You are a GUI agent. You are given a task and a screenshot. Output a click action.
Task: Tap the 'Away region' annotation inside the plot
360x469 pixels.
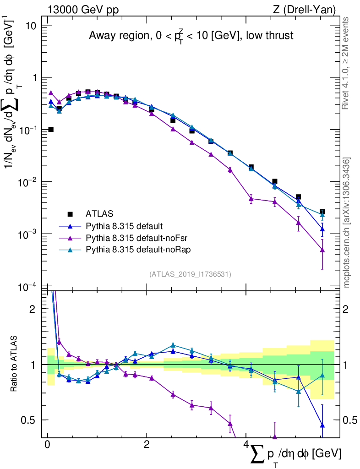191,36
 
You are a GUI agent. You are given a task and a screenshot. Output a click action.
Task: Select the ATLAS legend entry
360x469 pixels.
98,213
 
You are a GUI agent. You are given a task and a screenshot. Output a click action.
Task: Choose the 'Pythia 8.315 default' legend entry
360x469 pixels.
125,226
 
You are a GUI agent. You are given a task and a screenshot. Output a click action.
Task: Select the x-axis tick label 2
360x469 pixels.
147,445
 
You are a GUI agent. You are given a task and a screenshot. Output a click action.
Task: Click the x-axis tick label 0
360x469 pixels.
47,445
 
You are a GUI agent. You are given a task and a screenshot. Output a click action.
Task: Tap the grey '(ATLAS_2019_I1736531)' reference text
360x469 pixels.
190,274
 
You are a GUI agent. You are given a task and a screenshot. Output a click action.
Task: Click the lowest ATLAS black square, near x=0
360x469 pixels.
51,129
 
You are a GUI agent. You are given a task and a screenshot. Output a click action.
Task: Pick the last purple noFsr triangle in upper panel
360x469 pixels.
322,250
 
